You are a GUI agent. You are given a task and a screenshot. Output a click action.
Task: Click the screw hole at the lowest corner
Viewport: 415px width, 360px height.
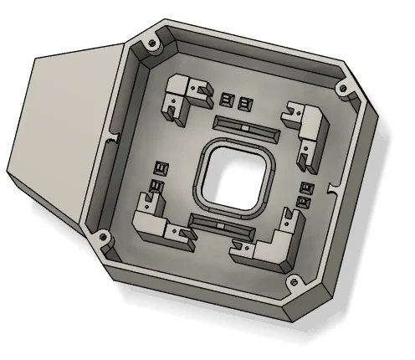coord(294,282)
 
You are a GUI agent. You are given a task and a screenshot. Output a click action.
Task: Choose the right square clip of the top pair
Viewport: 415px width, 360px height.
coord(243,104)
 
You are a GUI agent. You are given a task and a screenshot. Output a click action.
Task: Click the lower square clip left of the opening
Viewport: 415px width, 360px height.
coord(156,187)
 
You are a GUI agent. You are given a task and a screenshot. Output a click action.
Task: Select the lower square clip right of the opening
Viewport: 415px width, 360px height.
coord(305,202)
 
